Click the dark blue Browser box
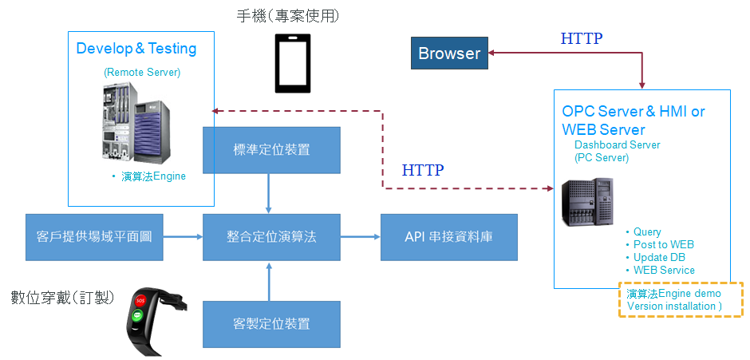pyautogui.click(x=449, y=53)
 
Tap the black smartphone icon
pyautogui.click(x=294, y=63)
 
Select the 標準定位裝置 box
pyautogui.click(x=271, y=149)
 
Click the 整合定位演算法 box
pyautogui.click(x=271, y=237)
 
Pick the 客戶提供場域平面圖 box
pyautogui.click(x=94, y=237)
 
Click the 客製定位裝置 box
pyautogui.click(x=271, y=323)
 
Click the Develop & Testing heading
pyautogui.click(x=136, y=49)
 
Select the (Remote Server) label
pyautogui.click(x=142, y=73)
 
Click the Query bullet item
pyautogui.click(x=647, y=232)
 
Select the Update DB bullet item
pyautogui.click(x=659, y=257)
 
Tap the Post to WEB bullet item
pyautogui.click(x=663, y=244)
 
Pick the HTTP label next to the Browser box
pyautogui.click(x=582, y=38)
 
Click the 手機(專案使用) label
pyautogui.click(x=294, y=15)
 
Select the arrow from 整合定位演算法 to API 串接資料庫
pyautogui.click(x=359, y=237)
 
